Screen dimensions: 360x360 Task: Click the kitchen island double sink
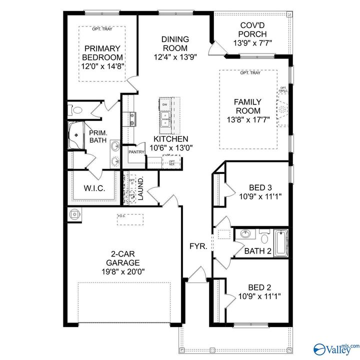165,117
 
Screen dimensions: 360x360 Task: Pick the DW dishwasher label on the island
164,104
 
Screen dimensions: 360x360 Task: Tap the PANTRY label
136,151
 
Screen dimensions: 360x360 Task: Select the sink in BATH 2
245,234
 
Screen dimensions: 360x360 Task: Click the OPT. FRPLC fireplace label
283,90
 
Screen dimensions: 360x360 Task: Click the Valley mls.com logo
335,347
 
